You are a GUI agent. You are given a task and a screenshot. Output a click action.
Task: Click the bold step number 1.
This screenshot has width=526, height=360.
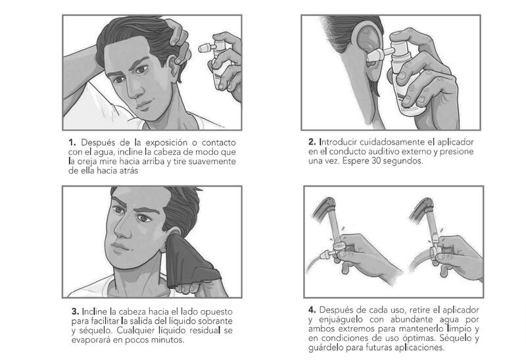tap(72, 143)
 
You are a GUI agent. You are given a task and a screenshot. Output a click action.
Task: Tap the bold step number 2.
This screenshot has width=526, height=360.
tap(312, 142)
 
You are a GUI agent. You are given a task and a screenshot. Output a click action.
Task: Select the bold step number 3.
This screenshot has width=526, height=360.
tap(75, 312)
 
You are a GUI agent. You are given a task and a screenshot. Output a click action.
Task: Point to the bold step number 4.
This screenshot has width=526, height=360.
tap(312, 309)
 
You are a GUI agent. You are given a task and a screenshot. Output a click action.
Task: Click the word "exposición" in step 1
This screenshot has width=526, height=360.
tap(166, 143)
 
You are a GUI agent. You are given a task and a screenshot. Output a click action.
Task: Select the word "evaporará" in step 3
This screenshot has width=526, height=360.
tap(89, 340)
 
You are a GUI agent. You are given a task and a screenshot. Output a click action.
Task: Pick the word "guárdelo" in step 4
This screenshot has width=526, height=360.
tap(325, 348)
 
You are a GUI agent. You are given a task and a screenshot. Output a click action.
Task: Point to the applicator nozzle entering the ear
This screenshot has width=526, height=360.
tap(380, 55)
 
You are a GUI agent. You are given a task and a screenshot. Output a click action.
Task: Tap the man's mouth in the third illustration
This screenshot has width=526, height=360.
tap(120, 248)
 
